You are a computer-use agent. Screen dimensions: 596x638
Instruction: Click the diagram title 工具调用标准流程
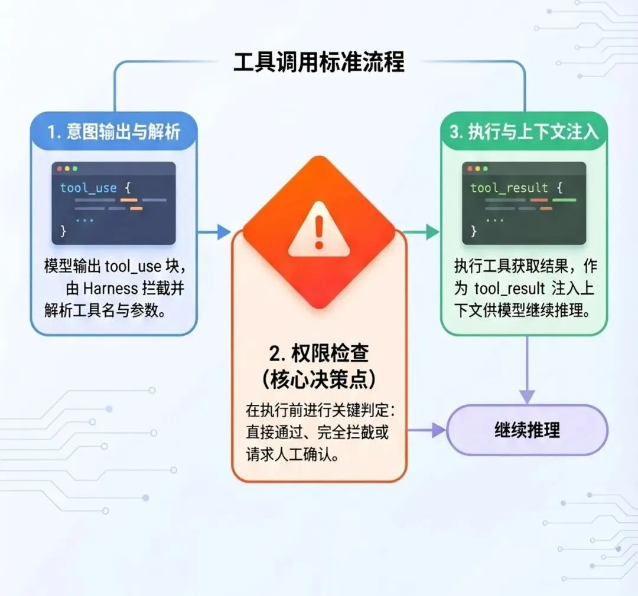coord(319,62)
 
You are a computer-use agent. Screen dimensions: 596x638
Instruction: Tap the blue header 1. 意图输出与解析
coord(114,131)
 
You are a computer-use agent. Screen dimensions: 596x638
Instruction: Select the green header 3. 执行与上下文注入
coord(524,131)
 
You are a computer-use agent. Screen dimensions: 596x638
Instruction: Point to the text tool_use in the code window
coord(88,188)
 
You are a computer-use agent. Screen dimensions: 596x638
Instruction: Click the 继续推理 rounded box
coord(527,430)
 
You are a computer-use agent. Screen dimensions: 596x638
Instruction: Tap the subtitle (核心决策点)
coord(319,379)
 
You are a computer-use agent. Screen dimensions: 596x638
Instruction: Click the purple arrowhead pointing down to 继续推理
coord(527,397)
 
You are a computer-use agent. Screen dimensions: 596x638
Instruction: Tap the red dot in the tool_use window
coord(59,169)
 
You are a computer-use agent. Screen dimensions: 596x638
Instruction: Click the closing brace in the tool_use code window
coord(63,231)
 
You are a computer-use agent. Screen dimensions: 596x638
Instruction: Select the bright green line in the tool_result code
coord(564,201)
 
